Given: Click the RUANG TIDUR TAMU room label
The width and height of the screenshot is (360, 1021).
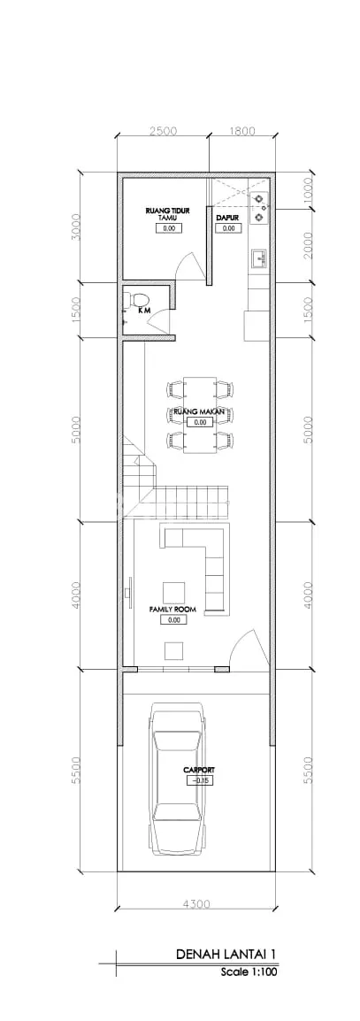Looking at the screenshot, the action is pyautogui.click(x=169, y=215).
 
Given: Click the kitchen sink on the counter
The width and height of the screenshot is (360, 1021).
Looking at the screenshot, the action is pyautogui.click(x=260, y=258).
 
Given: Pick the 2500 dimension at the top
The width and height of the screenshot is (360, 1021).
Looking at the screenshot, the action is pyautogui.click(x=163, y=131).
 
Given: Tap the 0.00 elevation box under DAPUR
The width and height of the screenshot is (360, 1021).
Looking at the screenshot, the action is pyautogui.click(x=228, y=228).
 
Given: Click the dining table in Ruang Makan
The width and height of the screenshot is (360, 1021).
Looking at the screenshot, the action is pyautogui.click(x=199, y=414).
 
